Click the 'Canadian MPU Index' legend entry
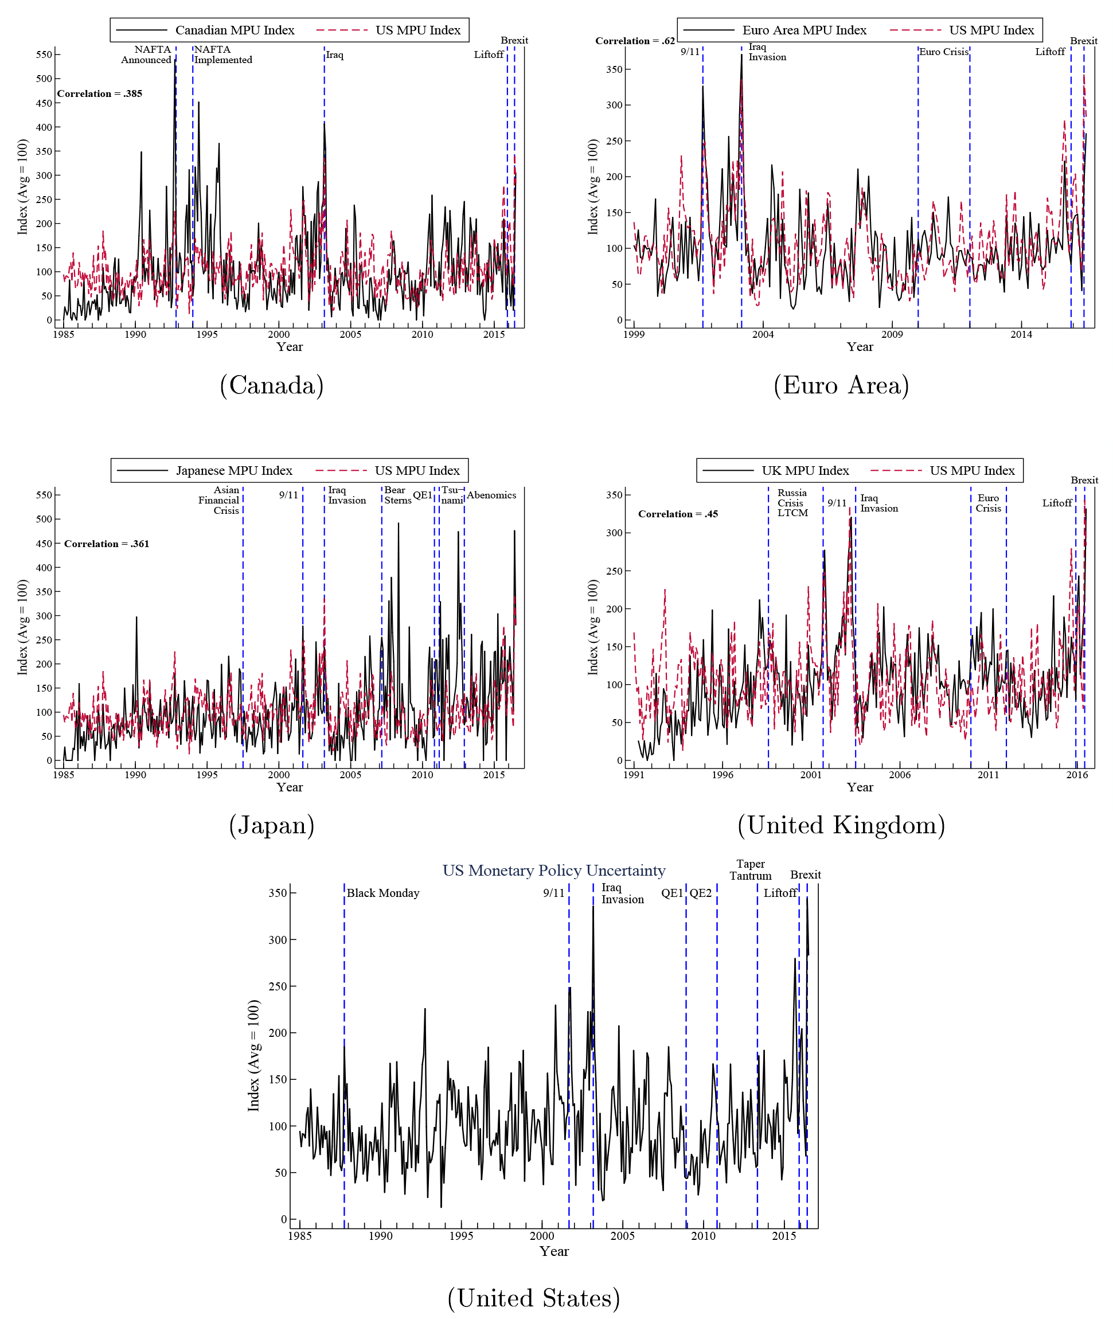pyautogui.click(x=235, y=30)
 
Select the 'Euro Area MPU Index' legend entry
pyautogui.click(x=804, y=30)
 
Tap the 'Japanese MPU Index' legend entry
pyautogui.click(x=234, y=471)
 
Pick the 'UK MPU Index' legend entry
pyautogui.click(x=805, y=471)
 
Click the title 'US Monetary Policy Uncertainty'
pyautogui.click(x=554, y=871)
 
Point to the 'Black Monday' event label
pyautogui.click(x=383, y=893)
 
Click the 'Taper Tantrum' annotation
pyautogui.click(x=750, y=869)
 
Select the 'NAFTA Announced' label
pyautogui.click(x=146, y=55)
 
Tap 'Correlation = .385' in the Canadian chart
pyautogui.click(x=100, y=93)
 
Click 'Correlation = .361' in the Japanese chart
pyautogui.click(x=107, y=544)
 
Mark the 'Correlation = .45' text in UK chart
pyautogui.click(x=678, y=514)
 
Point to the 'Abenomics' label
pyautogui.click(x=491, y=495)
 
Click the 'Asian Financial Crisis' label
pyautogui.click(x=219, y=501)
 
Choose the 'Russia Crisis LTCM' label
pyautogui.click(x=792, y=503)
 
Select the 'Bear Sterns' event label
pyautogui.click(x=397, y=495)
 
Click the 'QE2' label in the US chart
pyautogui.click(x=700, y=893)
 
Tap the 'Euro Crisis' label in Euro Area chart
pyautogui.click(x=943, y=52)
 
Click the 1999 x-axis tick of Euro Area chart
pyautogui.click(x=634, y=334)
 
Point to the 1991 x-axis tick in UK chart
pyautogui.click(x=634, y=775)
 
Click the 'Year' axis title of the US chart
pyautogui.click(x=554, y=1251)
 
